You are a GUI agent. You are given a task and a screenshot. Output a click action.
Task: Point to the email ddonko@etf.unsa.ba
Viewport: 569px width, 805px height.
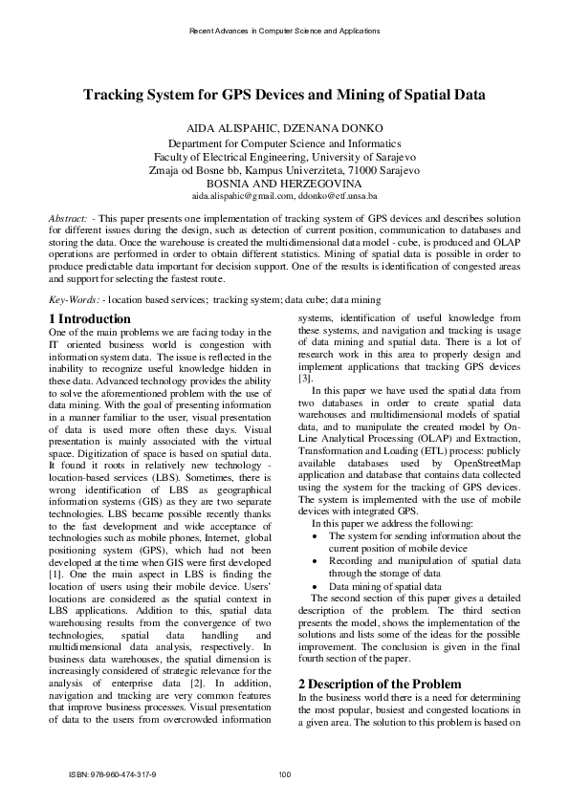330,194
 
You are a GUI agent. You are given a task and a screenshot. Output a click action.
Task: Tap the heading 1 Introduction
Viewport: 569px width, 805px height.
89,318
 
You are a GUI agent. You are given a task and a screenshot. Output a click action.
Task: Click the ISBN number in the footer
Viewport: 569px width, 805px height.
112,773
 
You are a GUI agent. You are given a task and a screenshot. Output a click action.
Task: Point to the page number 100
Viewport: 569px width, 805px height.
284,773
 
